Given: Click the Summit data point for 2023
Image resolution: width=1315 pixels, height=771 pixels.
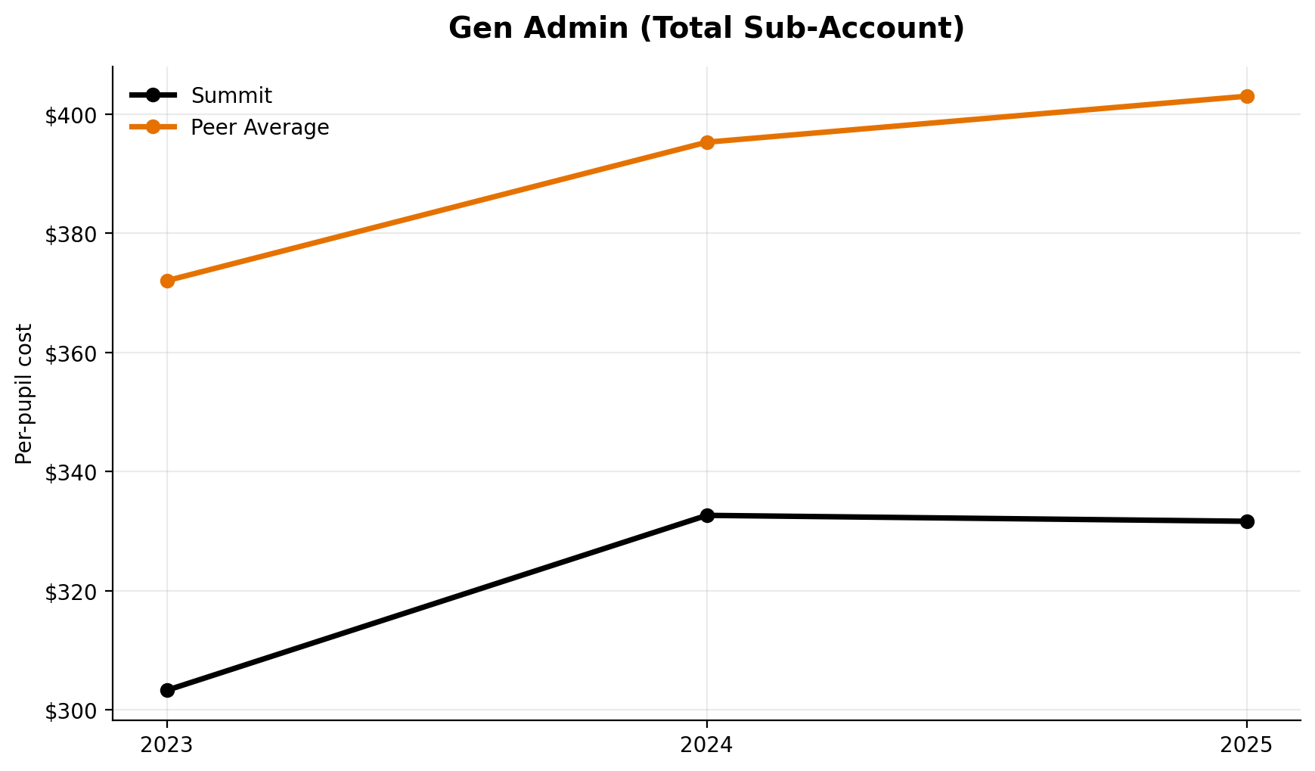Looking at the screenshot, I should click(167, 690).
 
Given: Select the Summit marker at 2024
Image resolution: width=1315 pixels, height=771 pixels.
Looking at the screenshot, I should click(707, 515).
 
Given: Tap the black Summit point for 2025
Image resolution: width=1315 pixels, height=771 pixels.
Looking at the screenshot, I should click(1247, 521).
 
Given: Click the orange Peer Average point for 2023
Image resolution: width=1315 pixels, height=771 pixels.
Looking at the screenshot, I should click(167, 281).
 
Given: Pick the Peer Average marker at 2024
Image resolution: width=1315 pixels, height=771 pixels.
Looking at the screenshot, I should click(707, 142).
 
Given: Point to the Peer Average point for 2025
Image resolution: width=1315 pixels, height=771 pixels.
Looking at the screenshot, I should click(1247, 96).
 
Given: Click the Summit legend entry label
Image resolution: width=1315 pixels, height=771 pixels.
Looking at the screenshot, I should click(231, 96).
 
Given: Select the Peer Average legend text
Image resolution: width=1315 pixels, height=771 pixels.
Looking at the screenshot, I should click(259, 128).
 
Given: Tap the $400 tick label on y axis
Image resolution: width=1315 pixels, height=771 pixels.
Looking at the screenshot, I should click(72, 115).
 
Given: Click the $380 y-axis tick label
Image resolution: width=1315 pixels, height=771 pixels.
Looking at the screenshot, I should click(72, 234).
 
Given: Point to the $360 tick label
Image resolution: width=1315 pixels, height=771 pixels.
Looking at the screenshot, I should click(72, 353).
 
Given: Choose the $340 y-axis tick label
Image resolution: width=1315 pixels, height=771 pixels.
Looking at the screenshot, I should click(72, 472).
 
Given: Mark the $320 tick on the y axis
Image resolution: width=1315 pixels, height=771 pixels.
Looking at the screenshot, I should click(72, 592).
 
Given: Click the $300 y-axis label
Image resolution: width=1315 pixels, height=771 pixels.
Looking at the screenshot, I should click(72, 710).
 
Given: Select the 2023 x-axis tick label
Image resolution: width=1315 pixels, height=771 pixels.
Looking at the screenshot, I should click(167, 745).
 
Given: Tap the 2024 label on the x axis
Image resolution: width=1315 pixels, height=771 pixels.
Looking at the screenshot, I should click(707, 745).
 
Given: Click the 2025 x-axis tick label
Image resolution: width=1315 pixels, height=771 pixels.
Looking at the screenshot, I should click(1247, 745).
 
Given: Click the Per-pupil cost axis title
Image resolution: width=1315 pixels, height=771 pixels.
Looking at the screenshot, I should click(24, 393).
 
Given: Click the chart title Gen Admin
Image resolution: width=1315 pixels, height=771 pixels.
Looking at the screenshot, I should click(706, 28).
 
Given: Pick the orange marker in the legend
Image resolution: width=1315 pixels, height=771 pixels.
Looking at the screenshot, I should click(153, 127).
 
